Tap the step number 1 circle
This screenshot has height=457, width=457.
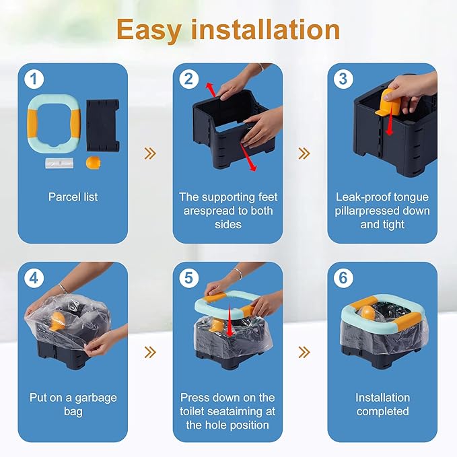point(34,79)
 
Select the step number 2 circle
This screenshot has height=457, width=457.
point(189,79)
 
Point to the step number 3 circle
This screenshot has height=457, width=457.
point(343,79)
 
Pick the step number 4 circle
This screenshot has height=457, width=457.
point(34,278)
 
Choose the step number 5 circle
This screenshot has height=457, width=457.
point(189,278)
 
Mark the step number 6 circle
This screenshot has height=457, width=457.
point(343,278)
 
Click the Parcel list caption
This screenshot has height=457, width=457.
point(73,197)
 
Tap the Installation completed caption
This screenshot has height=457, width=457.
point(382,405)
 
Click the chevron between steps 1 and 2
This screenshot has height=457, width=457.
point(150,153)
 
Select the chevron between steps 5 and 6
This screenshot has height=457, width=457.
point(304,352)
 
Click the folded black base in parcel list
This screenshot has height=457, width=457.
point(103,125)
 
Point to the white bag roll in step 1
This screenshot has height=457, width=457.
point(59,163)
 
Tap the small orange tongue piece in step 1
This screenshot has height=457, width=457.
point(94,163)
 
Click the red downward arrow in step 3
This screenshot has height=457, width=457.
point(390,124)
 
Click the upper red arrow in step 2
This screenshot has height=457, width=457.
point(211,90)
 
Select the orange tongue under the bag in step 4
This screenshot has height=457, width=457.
point(57,321)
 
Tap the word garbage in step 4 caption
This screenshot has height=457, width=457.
point(96,398)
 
